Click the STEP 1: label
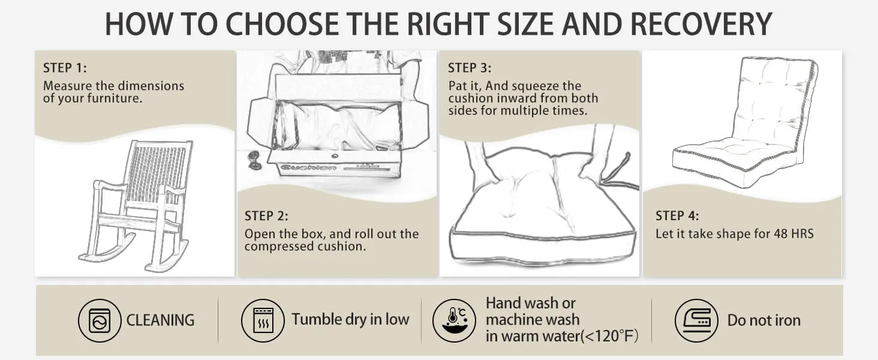(65, 68)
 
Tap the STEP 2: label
(266, 216)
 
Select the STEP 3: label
(470, 68)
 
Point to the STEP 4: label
(677, 216)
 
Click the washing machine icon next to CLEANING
(100, 320)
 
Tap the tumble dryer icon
(263, 320)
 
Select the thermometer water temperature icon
(454, 320)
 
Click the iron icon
(696, 320)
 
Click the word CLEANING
(160, 320)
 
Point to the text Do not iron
(763, 320)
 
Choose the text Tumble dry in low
(350, 319)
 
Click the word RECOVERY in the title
(700, 24)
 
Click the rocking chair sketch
(138, 204)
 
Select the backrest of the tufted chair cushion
(774, 102)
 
